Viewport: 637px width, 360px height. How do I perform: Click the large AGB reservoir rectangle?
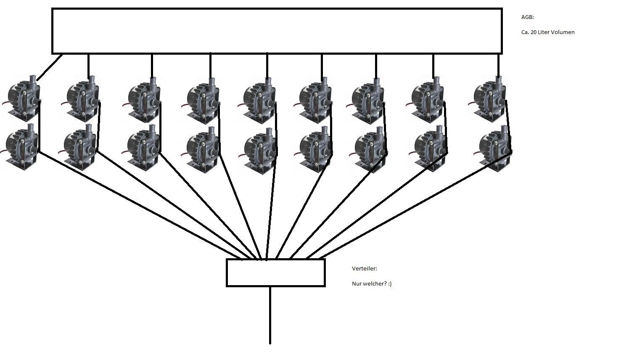277,31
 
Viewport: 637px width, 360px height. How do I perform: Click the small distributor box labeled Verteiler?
275,273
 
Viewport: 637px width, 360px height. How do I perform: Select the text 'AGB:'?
527,17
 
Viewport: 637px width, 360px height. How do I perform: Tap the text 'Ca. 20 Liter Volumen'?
547,32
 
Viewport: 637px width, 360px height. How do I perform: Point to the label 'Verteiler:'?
364,268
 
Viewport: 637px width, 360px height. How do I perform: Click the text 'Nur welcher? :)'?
371,284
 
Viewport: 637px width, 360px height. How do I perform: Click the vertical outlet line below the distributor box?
270,315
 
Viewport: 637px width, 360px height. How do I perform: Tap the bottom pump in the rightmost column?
495,148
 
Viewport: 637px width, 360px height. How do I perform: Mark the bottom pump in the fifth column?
260,150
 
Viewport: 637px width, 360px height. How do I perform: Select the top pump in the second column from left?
82,98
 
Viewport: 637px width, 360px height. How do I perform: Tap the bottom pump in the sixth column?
316,149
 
